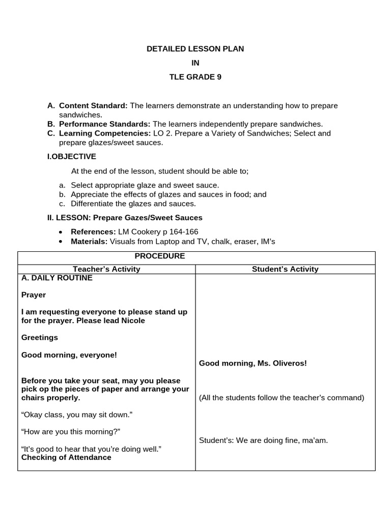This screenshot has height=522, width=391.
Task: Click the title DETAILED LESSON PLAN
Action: pos(195,49)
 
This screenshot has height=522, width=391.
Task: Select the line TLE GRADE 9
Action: pos(195,77)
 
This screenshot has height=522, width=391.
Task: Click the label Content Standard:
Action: pos(93,106)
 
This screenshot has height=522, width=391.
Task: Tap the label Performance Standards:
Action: pos(104,124)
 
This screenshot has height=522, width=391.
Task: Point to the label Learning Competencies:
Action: pos(104,133)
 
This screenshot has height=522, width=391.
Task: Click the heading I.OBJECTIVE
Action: pos(71,156)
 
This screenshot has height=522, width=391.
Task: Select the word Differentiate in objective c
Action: pos(92,203)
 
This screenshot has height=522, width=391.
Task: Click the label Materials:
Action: pos(89,241)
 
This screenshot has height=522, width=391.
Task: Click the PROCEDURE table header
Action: pos(159,256)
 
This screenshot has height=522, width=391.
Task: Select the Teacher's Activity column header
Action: pos(106,269)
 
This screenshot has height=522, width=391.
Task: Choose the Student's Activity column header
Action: pos(285,269)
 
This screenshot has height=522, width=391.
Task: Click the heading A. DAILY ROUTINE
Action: pos(57,278)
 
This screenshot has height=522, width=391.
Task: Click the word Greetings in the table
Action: pos(40,337)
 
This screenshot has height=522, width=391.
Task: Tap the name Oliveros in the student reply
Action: pos(288,363)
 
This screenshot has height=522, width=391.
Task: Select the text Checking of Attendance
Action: pos(66,457)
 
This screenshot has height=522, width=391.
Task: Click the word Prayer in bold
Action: pos(34,295)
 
